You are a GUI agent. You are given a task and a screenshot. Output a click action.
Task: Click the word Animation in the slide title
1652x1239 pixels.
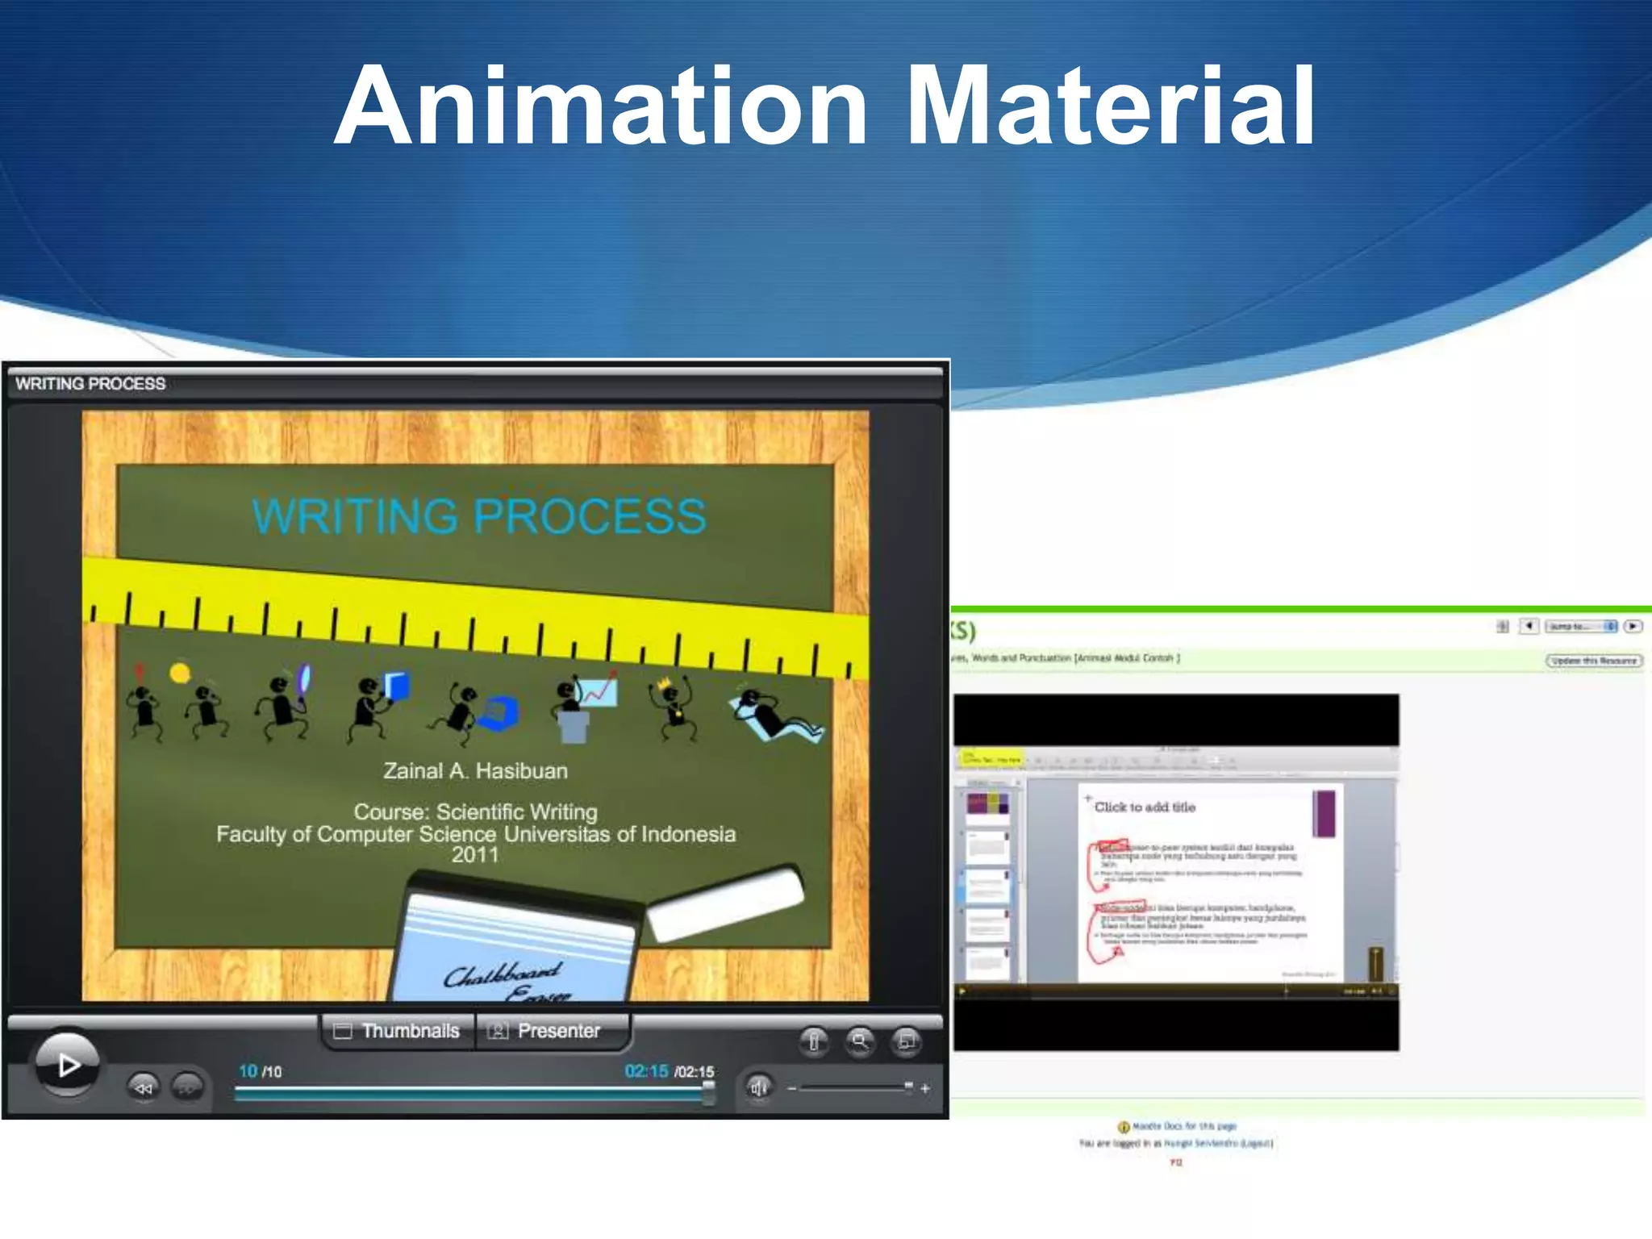(601, 106)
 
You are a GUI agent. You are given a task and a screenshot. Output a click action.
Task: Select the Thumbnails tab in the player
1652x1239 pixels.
(398, 1031)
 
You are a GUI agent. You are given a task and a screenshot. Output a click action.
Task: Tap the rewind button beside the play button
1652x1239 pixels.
(144, 1088)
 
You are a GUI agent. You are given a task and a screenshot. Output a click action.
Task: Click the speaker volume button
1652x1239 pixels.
(758, 1088)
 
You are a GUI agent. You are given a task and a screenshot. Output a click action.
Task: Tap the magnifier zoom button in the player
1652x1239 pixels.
(860, 1041)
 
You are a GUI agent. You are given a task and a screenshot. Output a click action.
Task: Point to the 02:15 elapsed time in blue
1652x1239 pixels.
(646, 1071)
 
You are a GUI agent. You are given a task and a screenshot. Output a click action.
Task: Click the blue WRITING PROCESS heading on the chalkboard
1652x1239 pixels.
(479, 516)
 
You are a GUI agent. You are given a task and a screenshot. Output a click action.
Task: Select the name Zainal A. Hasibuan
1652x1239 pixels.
(475, 771)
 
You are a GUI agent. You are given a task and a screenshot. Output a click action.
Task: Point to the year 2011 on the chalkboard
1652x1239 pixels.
(475, 855)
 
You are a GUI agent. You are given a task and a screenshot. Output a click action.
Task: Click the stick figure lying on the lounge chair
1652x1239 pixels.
(774, 714)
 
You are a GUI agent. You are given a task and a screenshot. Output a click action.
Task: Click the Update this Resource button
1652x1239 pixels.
(1594, 661)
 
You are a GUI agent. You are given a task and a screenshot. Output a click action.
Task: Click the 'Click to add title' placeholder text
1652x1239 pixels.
(1145, 807)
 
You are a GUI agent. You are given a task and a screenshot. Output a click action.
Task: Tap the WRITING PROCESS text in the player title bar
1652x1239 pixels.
(90, 384)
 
